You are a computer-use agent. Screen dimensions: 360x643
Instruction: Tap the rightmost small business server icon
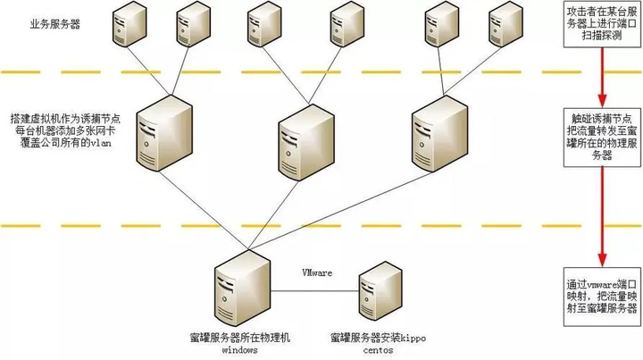click(x=505, y=27)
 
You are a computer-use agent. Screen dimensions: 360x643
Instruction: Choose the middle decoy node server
click(x=302, y=140)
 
